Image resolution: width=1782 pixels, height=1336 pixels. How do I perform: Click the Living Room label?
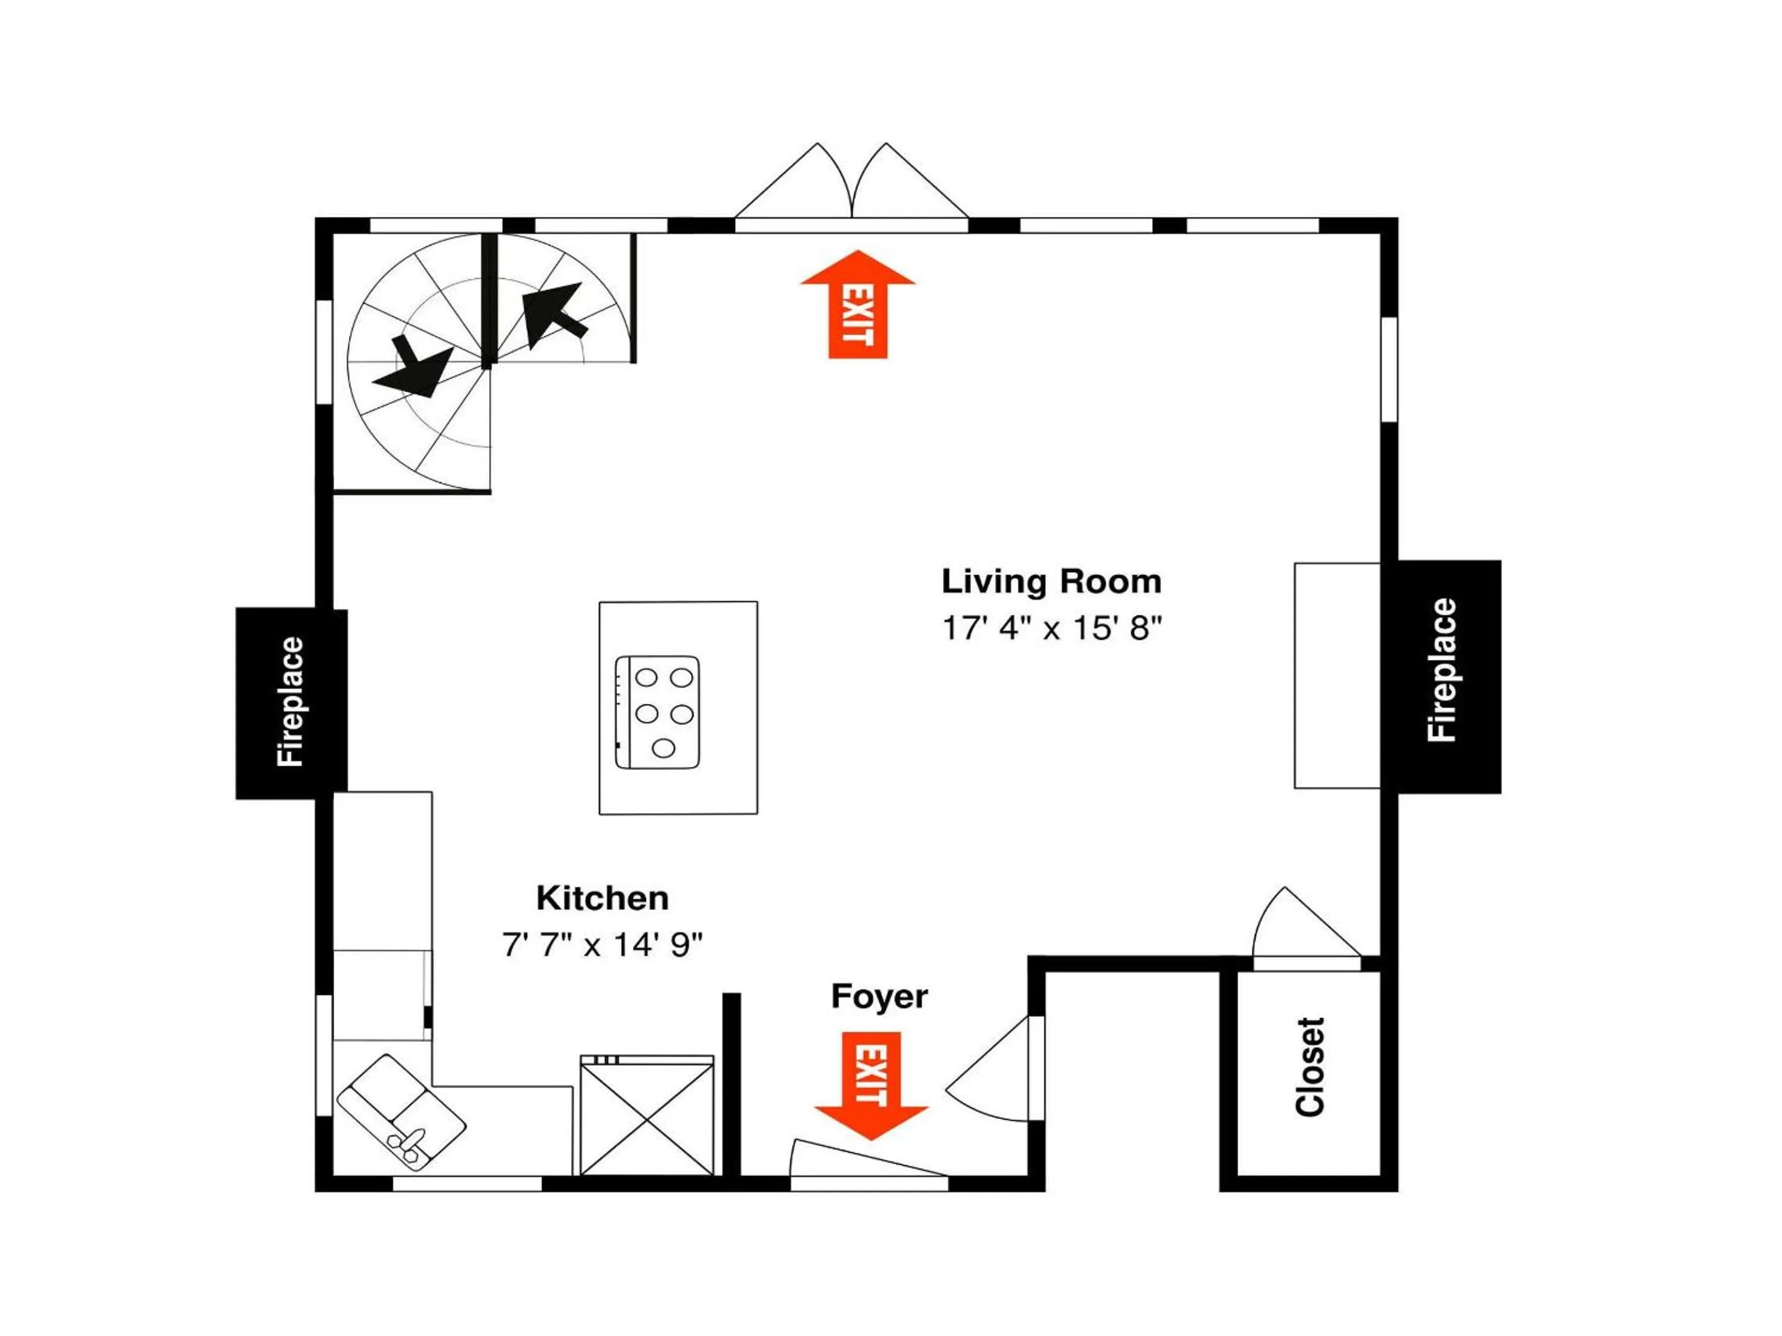1051,581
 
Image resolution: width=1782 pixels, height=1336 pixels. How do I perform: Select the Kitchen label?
603,898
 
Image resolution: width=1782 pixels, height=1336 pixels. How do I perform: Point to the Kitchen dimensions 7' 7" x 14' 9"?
603,944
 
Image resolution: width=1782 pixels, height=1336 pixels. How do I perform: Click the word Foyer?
879,997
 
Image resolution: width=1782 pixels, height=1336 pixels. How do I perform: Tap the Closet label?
1310,1067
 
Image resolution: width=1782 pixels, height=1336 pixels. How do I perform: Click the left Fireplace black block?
291,703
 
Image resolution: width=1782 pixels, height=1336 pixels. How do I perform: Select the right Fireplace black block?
1441,677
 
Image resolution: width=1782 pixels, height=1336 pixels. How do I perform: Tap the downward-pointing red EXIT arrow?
871,1086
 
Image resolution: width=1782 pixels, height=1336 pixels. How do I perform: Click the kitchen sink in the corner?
401,1112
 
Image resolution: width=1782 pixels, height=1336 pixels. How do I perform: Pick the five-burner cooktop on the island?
657,712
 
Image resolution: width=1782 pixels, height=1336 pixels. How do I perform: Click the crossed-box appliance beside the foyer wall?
647,1115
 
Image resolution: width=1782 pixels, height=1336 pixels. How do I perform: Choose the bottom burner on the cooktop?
663,749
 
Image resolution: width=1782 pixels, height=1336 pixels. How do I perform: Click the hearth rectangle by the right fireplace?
1337,675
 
